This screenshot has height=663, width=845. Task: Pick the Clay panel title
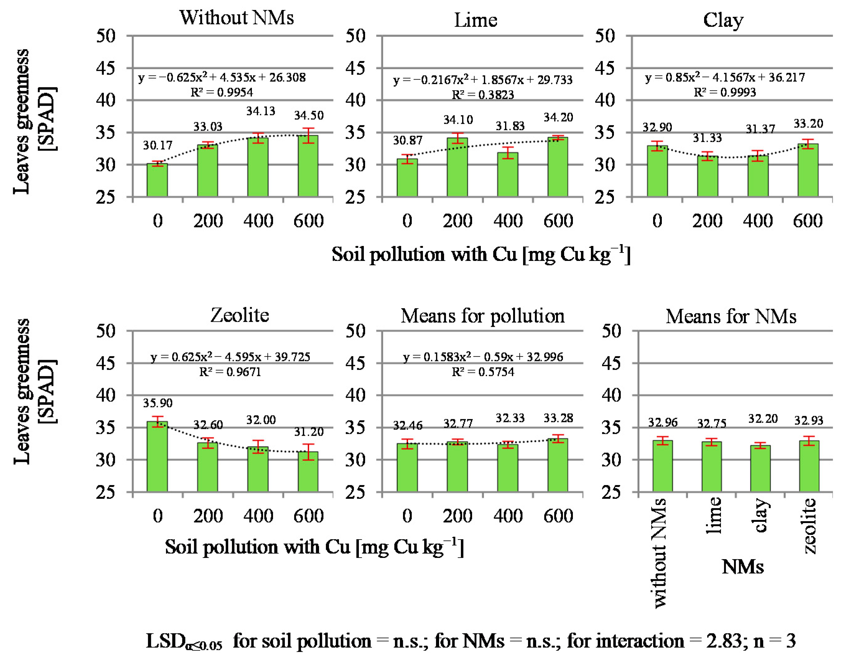pos(723,20)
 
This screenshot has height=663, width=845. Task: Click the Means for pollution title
pos(482,316)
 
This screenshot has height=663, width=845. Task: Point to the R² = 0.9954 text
pos(222,92)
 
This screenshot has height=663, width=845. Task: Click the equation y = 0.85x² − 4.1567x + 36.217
pos(725,77)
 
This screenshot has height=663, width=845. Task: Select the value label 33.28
pos(558,418)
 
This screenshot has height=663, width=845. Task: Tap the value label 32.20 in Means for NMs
pos(763,419)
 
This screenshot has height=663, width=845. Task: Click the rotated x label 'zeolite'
pos(809,526)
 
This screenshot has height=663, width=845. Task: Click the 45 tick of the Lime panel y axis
pos(355,68)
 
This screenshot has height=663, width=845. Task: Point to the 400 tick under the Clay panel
pos(758,221)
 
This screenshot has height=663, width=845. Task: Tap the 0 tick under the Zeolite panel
pos(158,516)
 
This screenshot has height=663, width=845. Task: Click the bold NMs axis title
pos(743,567)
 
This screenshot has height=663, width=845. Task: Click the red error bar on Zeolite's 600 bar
pos(308,452)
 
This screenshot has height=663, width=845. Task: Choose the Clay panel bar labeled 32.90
pos(657,171)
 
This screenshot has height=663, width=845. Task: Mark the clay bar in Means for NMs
pos(760,469)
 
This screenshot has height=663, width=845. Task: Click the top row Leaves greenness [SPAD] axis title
pos(35,121)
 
